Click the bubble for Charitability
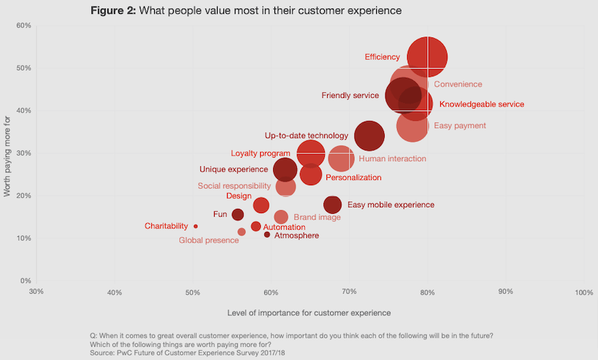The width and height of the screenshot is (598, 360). pos(195,226)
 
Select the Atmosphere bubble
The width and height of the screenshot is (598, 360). pos(267,235)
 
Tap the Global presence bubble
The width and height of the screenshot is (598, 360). pos(241,232)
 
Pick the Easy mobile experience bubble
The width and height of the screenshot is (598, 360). pos(332,204)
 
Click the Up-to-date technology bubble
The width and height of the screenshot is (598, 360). pos(370,135)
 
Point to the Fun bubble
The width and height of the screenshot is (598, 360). pos(238,215)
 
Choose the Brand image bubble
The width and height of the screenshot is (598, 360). pos(281,217)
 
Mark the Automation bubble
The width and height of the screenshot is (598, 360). pos(256,226)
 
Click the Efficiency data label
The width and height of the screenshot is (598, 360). pos(382,57)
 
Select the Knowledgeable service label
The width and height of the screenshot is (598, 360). pos(481,104)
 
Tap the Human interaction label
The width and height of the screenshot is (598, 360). pos(392,158)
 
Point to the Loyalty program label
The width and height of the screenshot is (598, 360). pos(259,153)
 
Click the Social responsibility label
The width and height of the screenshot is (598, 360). pos(234,186)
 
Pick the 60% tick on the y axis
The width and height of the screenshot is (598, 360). pos(24,26)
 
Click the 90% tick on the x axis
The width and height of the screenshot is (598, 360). pos(505,292)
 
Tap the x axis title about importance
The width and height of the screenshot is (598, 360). pos(309,313)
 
